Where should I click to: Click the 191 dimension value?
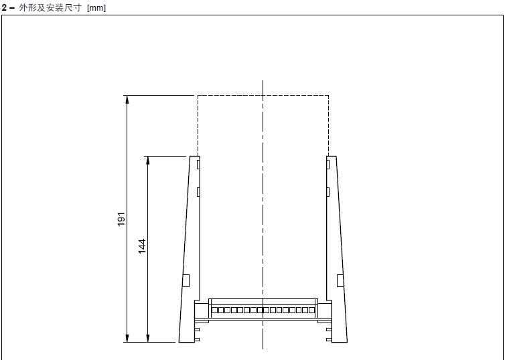click(121, 219)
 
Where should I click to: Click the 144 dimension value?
click(142, 246)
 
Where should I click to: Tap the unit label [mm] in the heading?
click(96, 7)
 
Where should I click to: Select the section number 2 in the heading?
click(4, 7)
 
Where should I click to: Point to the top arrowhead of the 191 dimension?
click(127, 100)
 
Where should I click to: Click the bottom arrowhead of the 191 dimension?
click(127, 337)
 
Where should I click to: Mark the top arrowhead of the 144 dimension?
click(148, 161)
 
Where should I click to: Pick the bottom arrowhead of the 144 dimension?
click(148, 337)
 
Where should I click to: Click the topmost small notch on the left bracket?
click(198, 165)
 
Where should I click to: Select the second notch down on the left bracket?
click(198, 192)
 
